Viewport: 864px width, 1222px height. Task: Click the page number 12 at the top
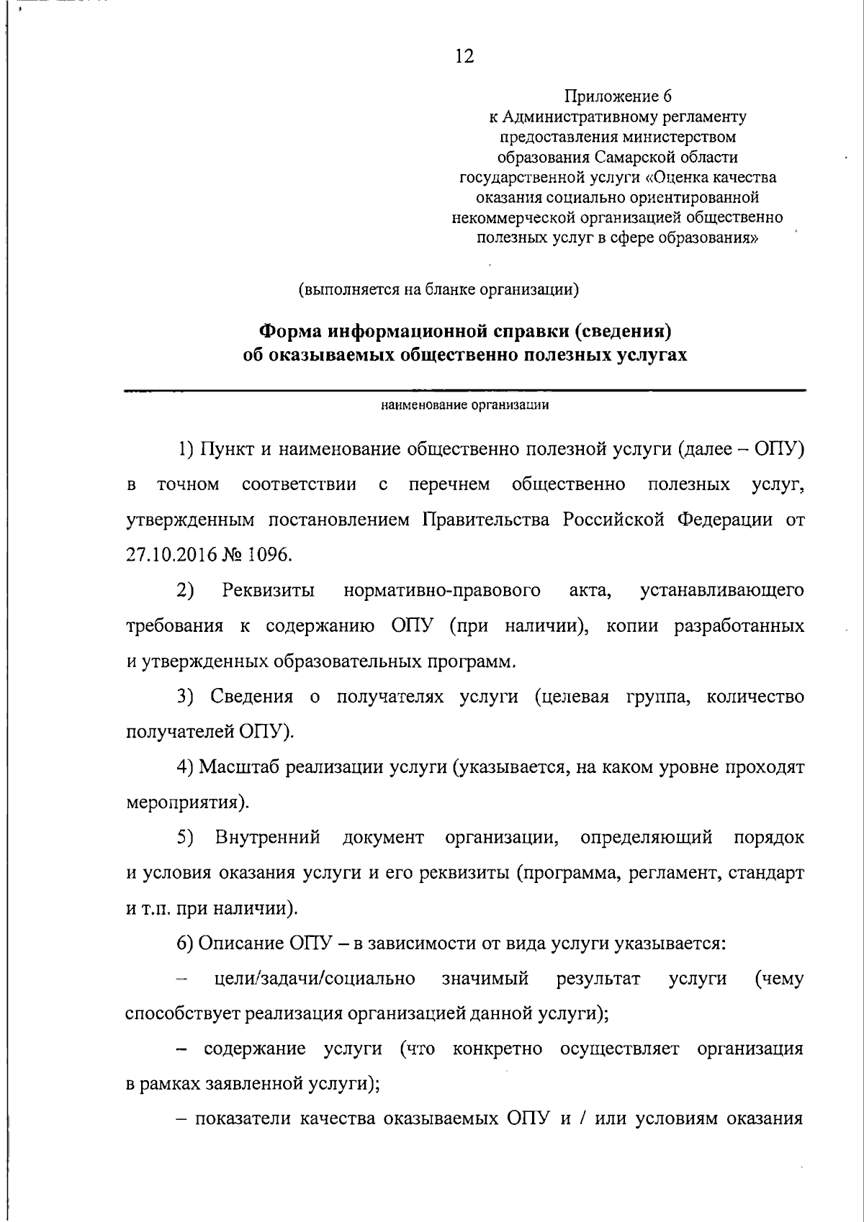tap(464, 56)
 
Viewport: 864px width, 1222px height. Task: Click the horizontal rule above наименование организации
tap(465, 391)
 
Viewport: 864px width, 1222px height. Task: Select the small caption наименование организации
tap(465, 405)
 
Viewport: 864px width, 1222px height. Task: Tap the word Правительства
tap(487, 520)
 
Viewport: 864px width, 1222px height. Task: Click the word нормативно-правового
tap(442, 591)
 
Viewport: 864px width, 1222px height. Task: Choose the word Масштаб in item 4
tap(238, 767)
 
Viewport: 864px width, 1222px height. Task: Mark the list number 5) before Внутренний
tap(186, 838)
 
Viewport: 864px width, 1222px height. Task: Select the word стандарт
tap(766, 873)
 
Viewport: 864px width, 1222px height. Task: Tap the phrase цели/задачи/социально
tap(315, 979)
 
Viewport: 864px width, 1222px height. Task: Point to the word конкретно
tap(498, 1049)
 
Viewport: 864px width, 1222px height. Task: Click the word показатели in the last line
tap(243, 1119)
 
